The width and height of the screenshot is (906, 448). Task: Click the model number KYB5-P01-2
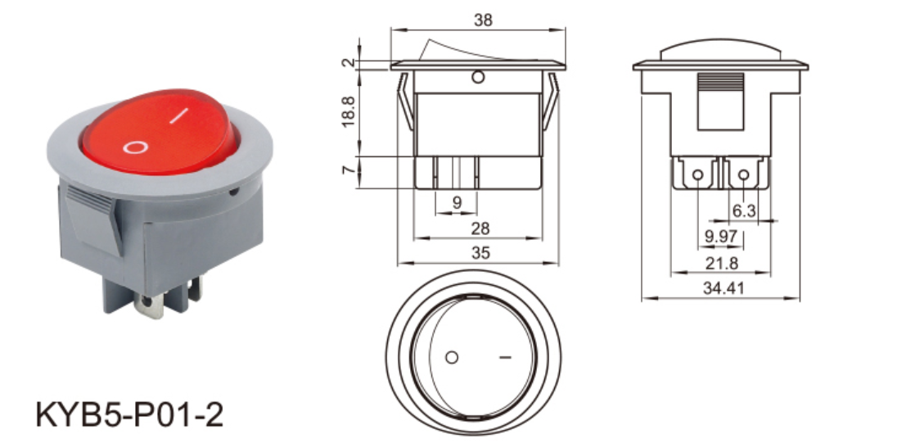129,414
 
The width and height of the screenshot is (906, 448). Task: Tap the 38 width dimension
483,20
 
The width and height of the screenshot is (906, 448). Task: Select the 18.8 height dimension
349,111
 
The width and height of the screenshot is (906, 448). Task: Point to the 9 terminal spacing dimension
457,202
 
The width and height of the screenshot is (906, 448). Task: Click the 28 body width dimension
480,229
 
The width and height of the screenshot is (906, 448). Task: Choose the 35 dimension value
480,253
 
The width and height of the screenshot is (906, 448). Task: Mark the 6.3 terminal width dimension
744,211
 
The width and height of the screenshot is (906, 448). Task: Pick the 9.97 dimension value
721,237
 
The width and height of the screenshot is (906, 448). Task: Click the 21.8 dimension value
722,263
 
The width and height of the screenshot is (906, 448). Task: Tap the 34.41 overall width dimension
722,287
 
